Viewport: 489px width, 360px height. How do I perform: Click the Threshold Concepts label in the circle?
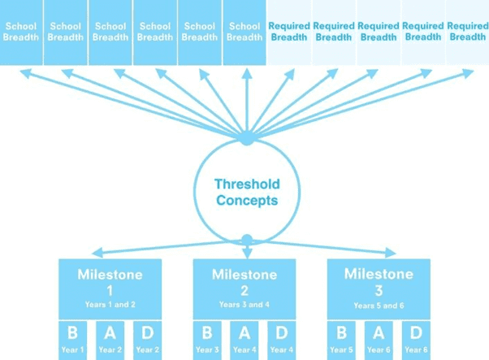click(247, 192)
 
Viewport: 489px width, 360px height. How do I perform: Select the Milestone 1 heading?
click(110, 282)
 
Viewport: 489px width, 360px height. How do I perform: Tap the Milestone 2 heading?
click(244, 282)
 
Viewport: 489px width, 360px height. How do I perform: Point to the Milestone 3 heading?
click(379, 282)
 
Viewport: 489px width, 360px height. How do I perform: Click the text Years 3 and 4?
click(244, 305)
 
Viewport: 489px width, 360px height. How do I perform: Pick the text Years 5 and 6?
click(379, 306)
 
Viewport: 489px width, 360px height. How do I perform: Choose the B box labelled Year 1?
click(72, 340)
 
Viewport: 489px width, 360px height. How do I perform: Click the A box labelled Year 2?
click(110, 340)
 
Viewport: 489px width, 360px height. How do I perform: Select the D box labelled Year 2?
click(148, 340)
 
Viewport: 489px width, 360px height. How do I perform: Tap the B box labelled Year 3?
click(207, 340)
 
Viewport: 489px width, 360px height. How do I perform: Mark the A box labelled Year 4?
click(244, 340)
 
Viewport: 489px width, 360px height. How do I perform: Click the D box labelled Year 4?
click(282, 340)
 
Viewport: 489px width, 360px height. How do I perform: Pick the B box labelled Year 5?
click(341, 340)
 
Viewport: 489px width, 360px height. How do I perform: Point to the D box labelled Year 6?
click(416, 340)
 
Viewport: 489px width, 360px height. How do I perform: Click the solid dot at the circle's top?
click(247, 138)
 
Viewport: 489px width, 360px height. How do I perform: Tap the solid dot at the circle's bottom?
click(247, 240)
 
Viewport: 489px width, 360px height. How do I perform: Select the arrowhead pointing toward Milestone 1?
click(97, 253)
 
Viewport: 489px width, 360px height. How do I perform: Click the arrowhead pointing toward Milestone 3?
click(391, 253)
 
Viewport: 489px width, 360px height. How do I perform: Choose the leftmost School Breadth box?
click(21, 33)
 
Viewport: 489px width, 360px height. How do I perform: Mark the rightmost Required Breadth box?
click(468, 33)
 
